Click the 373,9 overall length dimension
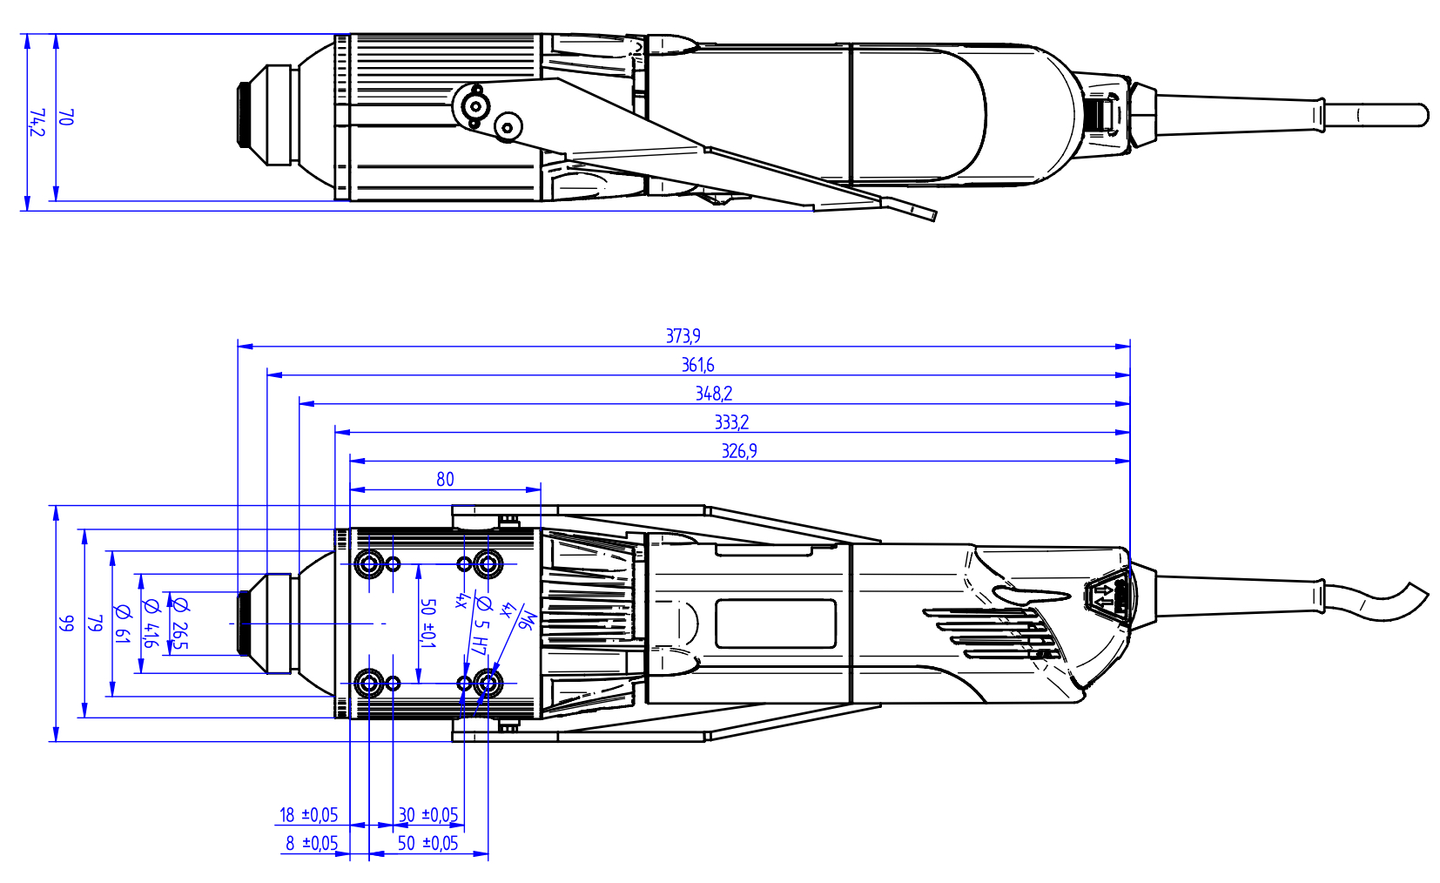[x=683, y=336]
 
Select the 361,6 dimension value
[x=697, y=365]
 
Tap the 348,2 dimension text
[x=713, y=394]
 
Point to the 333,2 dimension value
[x=731, y=422]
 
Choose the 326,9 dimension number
[x=739, y=451]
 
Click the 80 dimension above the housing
[x=445, y=480]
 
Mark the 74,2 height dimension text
[x=37, y=123]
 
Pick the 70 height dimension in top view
[x=66, y=118]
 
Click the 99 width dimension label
[x=66, y=623]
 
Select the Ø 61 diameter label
[x=122, y=623]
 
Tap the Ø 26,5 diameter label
[x=179, y=623]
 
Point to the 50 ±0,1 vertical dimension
[x=427, y=623]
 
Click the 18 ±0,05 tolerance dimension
[x=308, y=815]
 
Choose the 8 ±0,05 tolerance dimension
[x=312, y=843]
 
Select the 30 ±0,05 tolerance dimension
[x=428, y=815]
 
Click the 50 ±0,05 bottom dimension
[x=427, y=843]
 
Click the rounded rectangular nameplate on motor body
[x=776, y=623]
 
